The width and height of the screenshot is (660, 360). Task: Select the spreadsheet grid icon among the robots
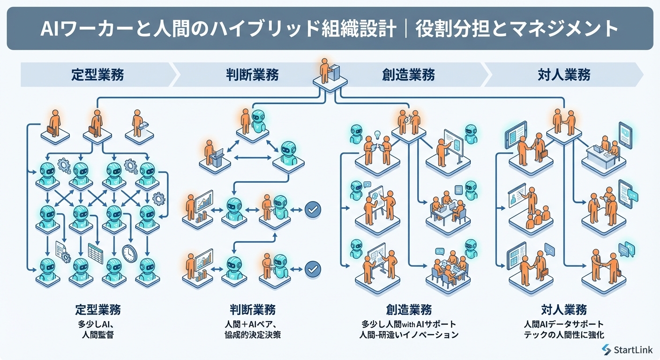point(95,253)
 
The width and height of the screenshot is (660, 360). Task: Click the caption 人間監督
point(97,335)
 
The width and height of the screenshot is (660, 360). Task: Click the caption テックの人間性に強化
point(564,335)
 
